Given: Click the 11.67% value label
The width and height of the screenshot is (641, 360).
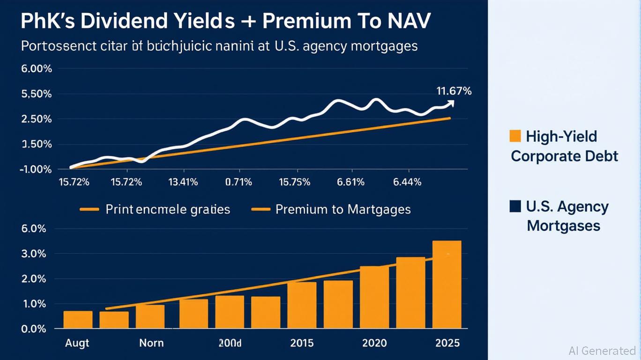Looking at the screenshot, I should [x=454, y=91].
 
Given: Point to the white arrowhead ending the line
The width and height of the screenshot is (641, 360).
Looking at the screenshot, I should [x=451, y=103].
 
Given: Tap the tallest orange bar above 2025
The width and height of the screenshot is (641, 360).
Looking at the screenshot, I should [x=447, y=284].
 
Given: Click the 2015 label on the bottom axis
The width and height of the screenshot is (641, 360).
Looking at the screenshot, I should [x=302, y=343].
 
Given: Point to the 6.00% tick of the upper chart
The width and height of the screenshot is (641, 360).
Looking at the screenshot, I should [x=36, y=69].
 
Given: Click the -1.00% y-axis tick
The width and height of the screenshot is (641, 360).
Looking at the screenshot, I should [x=35, y=169].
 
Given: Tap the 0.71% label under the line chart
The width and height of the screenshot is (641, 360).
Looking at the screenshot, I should [x=239, y=182].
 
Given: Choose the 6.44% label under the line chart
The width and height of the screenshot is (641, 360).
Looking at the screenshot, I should [x=406, y=182].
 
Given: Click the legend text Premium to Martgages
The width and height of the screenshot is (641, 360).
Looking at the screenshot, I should [x=343, y=209].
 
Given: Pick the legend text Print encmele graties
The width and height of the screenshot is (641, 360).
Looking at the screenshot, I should [x=168, y=209].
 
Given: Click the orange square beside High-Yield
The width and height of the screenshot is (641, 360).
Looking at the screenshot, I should [x=515, y=136].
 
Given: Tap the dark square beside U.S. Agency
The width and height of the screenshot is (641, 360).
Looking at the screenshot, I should [x=515, y=206].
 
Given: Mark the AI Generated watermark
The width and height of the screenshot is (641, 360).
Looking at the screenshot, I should [x=602, y=351].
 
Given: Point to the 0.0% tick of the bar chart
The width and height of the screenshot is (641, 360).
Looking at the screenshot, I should [x=33, y=329].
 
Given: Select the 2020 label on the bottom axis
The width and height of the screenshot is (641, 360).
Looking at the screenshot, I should [x=374, y=343].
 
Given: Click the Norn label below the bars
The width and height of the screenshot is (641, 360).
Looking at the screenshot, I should [x=151, y=343].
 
